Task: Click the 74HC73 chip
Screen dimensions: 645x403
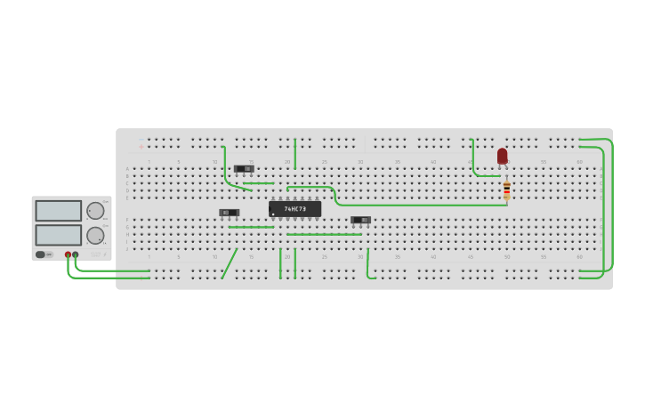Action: pos(294,209)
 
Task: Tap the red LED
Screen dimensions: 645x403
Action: pos(502,156)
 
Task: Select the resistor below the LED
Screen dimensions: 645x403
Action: pos(507,189)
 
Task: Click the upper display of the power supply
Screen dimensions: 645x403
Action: pos(58,211)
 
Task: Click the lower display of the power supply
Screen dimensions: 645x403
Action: pos(58,235)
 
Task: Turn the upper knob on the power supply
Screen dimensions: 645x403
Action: pos(94,211)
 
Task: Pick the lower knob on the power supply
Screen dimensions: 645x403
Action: pos(94,236)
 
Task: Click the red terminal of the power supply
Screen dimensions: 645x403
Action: pos(68,254)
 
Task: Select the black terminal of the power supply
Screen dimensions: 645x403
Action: pos(76,254)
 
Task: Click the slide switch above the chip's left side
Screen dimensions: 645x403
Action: pos(244,168)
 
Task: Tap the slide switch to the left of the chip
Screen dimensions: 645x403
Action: pos(229,213)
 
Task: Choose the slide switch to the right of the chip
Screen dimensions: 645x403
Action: pos(360,220)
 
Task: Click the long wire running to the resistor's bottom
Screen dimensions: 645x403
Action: pos(418,206)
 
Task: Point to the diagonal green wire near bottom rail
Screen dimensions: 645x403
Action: pos(230,263)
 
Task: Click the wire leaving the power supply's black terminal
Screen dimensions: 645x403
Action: pos(107,270)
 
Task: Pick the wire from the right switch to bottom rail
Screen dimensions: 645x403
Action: pos(367,264)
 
